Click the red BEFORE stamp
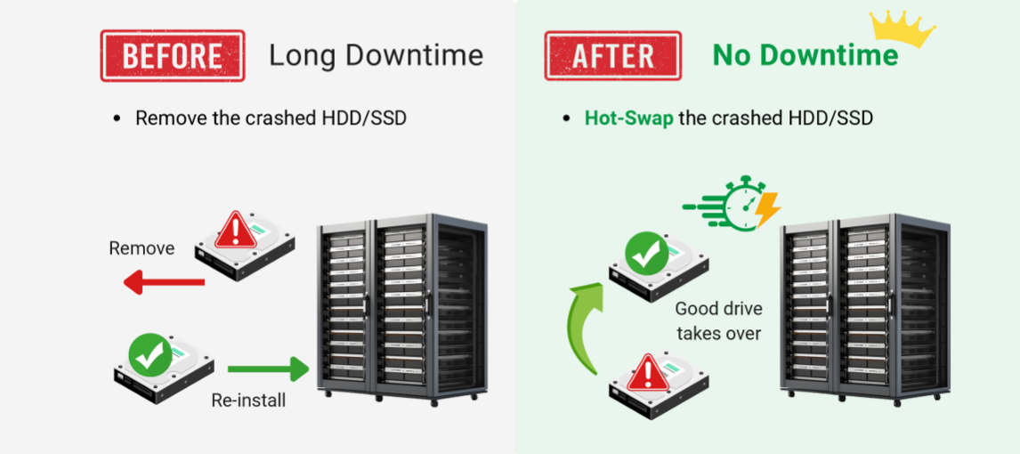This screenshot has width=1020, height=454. click(x=172, y=56)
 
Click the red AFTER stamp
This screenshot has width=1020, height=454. click(x=612, y=56)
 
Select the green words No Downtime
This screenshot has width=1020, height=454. click(x=805, y=55)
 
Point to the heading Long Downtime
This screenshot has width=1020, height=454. click(x=376, y=55)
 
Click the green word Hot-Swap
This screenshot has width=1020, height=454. click(x=628, y=118)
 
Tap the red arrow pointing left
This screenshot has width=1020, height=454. click(x=164, y=283)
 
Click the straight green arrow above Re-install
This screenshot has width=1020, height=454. click(x=267, y=368)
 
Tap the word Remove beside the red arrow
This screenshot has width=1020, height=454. click(x=142, y=248)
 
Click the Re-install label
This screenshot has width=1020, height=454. click(x=248, y=401)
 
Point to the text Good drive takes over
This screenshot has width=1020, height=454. click(x=718, y=320)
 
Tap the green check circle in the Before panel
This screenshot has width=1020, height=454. click(x=150, y=355)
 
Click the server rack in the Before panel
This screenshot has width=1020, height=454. click(x=402, y=307)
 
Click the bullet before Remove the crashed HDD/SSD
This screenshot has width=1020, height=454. click(x=117, y=118)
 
